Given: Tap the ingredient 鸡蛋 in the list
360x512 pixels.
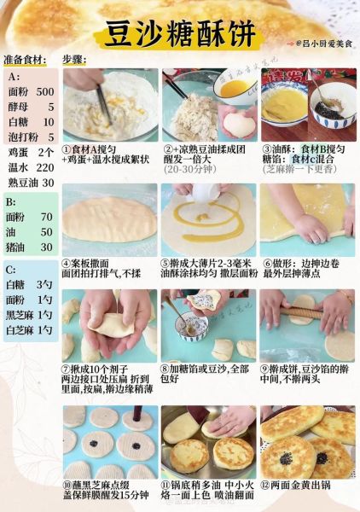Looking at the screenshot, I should coord(18,152).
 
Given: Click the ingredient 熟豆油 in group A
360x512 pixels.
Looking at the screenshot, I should coord(22,183).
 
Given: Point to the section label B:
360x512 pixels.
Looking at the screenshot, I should coord(12,202).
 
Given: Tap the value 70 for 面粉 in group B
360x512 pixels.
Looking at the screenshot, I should coord(47,217).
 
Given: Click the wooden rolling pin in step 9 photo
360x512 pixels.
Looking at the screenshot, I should coord(304,305).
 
